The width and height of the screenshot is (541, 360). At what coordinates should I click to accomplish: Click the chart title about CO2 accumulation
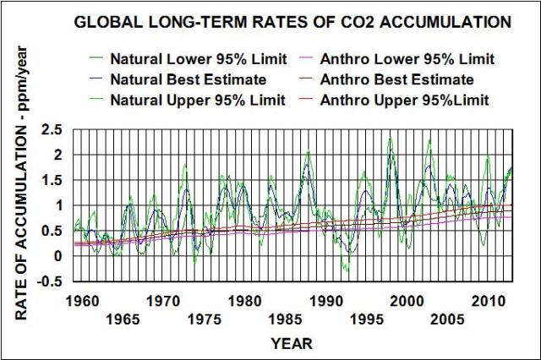(x=292, y=22)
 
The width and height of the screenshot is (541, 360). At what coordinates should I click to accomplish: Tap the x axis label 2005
(x=445, y=319)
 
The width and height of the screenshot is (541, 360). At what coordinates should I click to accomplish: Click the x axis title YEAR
(x=292, y=344)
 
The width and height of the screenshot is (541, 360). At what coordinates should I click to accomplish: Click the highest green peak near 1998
(x=390, y=139)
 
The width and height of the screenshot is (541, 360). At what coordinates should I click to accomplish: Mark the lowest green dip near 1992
(x=345, y=270)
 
